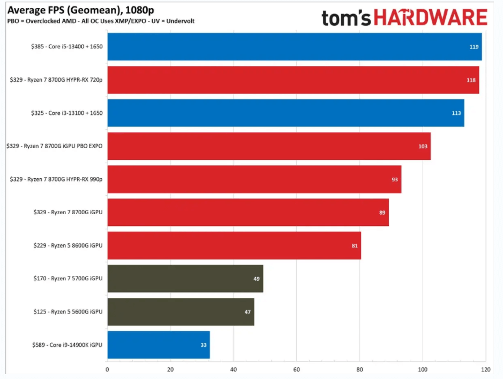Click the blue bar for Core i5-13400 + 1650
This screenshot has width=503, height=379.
294,47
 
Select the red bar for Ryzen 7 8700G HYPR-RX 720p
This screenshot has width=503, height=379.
293,80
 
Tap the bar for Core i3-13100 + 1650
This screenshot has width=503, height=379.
286,113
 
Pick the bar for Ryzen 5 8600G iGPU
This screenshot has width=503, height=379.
234,245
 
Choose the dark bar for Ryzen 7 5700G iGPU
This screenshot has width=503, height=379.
185,279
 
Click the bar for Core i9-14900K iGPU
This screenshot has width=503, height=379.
159,345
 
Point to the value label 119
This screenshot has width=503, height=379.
474,47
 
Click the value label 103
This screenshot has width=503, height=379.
423,147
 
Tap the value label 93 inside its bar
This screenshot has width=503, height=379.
395,179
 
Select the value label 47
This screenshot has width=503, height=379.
247,312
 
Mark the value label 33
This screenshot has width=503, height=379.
204,345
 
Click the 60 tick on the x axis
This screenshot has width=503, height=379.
297,369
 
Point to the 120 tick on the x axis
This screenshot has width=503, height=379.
486,369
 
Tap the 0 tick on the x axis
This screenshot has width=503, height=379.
108,369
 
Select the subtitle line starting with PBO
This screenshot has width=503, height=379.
101,21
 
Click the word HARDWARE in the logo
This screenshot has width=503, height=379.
431,18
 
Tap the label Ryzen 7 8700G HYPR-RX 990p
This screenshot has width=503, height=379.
56,179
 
